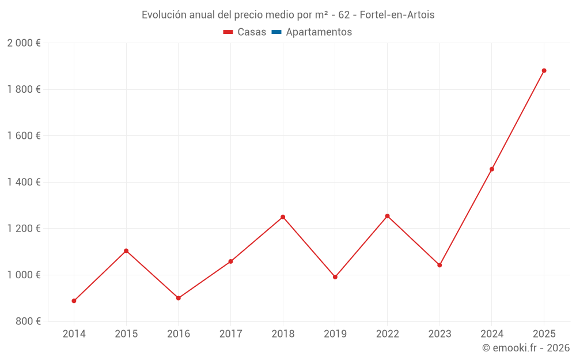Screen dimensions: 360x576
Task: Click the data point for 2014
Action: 74,301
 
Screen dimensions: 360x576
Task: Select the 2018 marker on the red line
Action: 283,217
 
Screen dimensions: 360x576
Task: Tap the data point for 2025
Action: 544,71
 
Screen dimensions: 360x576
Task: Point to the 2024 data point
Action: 491,169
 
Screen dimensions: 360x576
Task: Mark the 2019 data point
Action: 335,277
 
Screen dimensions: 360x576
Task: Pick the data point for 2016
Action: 179,298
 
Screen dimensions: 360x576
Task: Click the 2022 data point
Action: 387,216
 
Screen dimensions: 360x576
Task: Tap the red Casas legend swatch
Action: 228,32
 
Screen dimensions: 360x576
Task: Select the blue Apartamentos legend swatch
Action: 276,32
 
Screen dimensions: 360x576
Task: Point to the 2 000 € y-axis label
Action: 24,43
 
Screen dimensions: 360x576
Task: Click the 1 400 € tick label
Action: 24,182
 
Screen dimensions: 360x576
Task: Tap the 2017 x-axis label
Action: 230,334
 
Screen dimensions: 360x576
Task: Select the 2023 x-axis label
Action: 439,334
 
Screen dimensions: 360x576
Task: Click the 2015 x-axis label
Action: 126,334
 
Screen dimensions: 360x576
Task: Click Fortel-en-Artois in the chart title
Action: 397,15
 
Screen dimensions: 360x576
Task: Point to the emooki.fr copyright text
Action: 526,348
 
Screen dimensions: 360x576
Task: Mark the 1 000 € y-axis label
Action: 24,275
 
